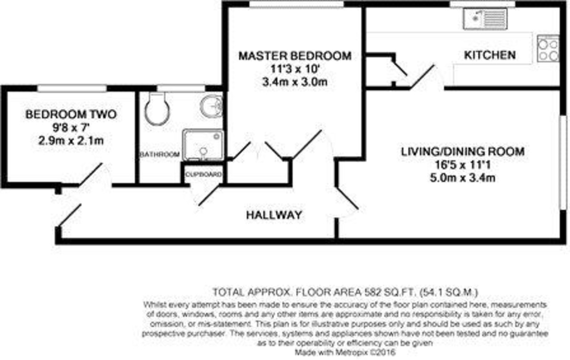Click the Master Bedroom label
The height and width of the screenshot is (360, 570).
tap(294, 56)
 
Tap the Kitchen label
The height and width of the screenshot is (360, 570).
tap(490, 55)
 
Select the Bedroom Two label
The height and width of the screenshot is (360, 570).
tap(71, 114)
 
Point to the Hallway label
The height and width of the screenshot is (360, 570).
tap(274, 215)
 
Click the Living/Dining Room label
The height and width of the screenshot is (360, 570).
tap(463, 152)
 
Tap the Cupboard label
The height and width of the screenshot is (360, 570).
tap(203, 174)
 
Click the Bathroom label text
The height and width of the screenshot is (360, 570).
tap(159, 154)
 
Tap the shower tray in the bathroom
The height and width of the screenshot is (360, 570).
tap(203, 145)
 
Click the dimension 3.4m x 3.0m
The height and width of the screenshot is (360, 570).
tap(294, 82)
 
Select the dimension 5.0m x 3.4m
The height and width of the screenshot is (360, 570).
tap(463, 179)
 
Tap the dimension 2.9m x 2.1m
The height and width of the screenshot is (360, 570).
tap(71, 141)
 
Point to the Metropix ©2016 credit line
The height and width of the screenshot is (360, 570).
tap(345, 353)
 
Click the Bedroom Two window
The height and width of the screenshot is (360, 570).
tap(72, 88)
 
